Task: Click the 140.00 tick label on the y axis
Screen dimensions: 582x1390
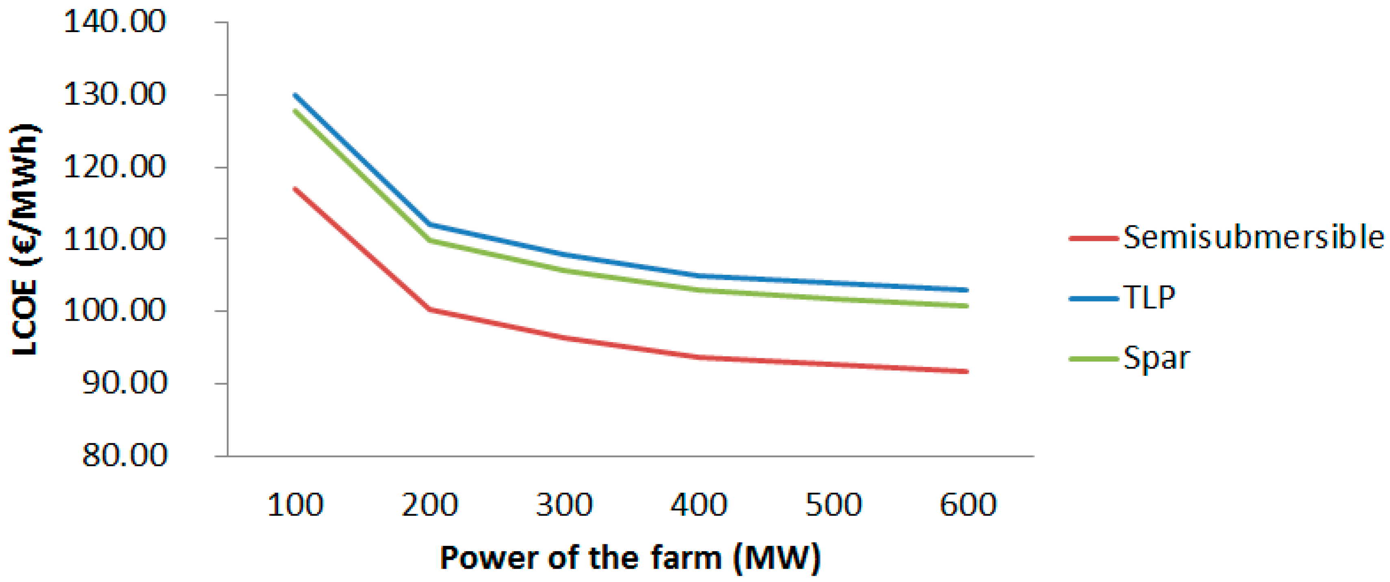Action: tap(115, 23)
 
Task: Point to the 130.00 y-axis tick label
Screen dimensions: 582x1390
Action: tap(115, 95)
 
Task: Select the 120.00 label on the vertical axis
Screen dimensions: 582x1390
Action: tap(115, 167)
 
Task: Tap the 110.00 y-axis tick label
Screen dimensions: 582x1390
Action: tap(115, 239)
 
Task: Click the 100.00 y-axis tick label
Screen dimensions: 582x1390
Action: tap(115, 311)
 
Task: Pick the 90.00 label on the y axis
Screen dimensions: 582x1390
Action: tap(124, 383)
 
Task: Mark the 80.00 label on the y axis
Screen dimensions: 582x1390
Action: tap(124, 456)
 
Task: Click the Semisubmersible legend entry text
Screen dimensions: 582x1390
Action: tap(1253, 237)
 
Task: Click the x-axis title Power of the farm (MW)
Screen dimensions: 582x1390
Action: tap(630, 558)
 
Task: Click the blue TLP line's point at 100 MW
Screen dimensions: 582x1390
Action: tap(296, 95)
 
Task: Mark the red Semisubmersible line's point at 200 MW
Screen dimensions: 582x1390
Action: tap(430, 309)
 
